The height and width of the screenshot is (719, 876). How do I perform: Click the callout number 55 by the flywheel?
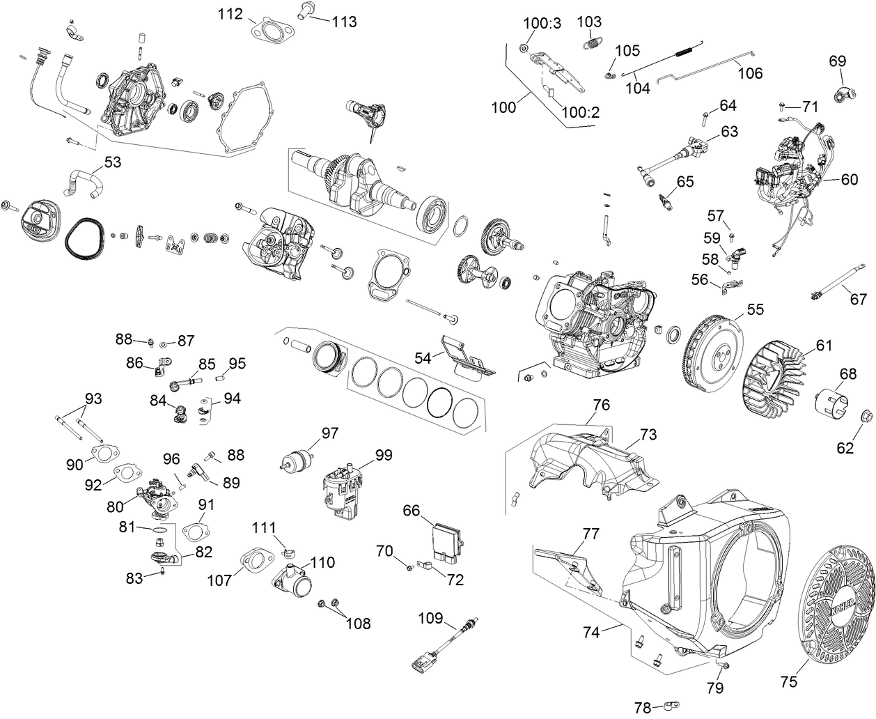click(x=754, y=310)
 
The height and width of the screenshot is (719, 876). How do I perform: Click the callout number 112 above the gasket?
click(x=230, y=14)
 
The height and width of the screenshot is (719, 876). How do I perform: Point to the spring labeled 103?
click(x=591, y=42)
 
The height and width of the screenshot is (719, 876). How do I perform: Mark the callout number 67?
click(x=858, y=299)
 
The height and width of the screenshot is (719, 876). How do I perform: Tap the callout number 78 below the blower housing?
click(x=644, y=708)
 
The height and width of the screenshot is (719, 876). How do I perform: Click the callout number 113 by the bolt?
click(x=343, y=22)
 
